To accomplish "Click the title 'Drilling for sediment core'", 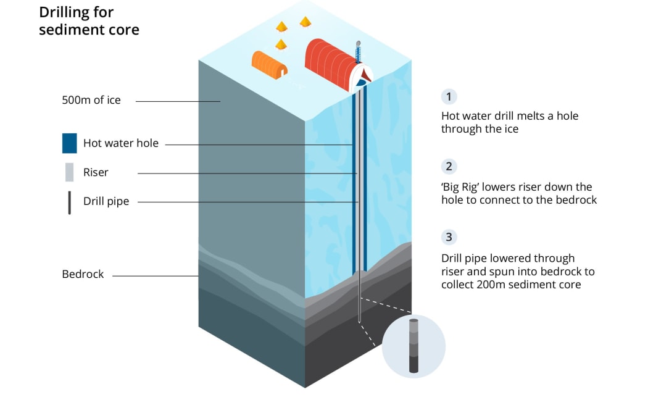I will click(x=89, y=21).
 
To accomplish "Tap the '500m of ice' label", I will click(x=91, y=100).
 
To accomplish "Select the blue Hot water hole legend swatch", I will click(x=69, y=143).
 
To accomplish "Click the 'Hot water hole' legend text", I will click(x=121, y=143).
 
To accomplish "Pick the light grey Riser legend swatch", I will click(x=69, y=172).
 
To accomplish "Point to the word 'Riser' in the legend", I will click(x=96, y=172).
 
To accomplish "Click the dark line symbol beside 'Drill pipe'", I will click(x=69, y=202).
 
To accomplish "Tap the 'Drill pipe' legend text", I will click(x=106, y=202).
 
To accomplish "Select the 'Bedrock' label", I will click(x=83, y=274).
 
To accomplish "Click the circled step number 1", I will click(x=449, y=96).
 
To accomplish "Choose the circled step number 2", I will click(x=449, y=166).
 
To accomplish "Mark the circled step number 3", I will click(x=449, y=237).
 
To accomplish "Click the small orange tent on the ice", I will click(x=269, y=64).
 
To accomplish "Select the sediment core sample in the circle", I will click(x=413, y=346).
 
